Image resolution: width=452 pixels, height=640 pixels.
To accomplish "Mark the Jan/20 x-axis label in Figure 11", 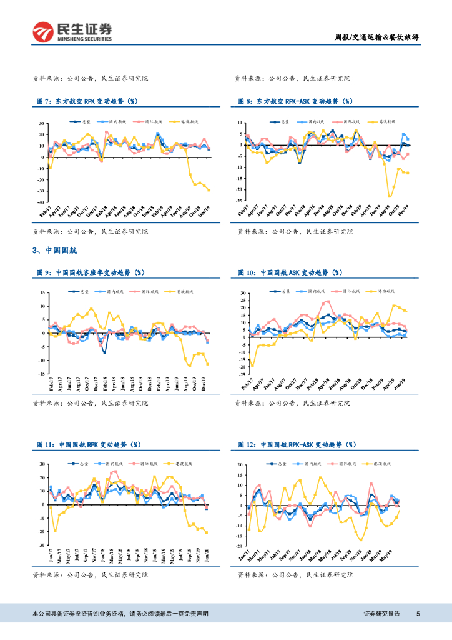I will click(x=207, y=554).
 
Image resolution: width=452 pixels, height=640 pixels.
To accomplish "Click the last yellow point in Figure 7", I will click(x=209, y=190).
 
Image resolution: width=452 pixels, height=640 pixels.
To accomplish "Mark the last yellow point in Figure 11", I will click(x=207, y=532).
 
